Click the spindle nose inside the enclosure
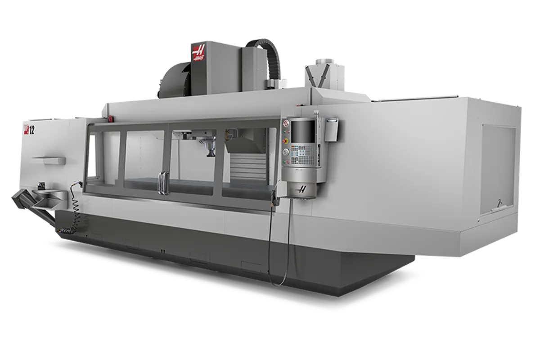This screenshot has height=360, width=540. click(x=209, y=151)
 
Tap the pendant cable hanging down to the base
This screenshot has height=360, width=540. click(x=273, y=252)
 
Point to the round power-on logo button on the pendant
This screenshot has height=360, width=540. click(x=285, y=124)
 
